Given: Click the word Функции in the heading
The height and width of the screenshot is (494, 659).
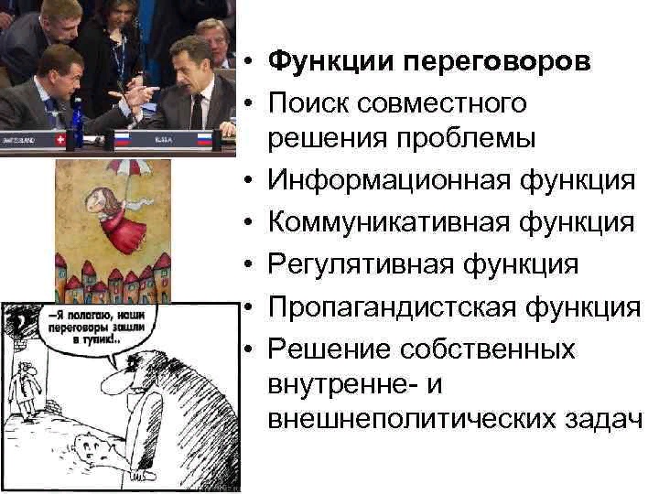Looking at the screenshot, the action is click(x=331, y=61).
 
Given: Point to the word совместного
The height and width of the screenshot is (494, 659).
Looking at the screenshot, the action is click(x=442, y=103).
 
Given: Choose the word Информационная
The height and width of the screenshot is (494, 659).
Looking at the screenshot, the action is click(x=389, y=180).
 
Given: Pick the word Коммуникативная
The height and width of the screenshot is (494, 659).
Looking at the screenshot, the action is click(x=388, y=222).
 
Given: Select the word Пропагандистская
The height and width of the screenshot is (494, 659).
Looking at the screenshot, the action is click(x=392, y=307).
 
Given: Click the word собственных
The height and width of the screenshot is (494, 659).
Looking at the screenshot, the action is click(x=487, y=349).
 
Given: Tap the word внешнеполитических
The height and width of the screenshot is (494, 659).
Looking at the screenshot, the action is click(x=412, y=420).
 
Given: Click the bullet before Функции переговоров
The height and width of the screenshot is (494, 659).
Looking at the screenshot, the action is click(x=249, y=62).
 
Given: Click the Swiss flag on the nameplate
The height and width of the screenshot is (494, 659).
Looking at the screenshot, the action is click(x=61, y=140).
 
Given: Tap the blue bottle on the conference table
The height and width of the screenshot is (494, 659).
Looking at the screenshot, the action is click(x=77, y=122).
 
